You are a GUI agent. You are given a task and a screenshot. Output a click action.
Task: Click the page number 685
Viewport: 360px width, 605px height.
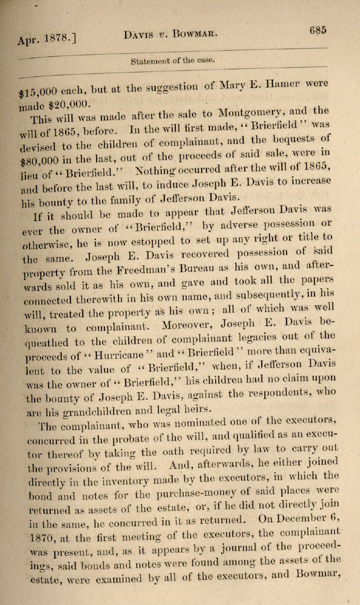click(318, 30)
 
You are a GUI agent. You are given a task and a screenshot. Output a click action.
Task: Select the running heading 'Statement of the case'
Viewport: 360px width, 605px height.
click(172, 60)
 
